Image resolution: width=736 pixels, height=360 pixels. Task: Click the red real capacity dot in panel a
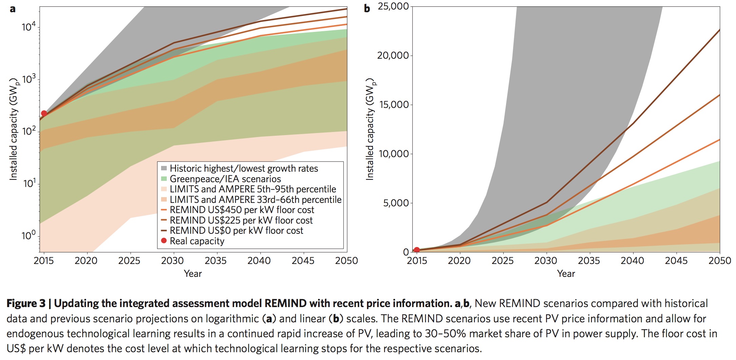point(44,114)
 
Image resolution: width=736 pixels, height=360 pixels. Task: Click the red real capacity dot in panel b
point(417,250)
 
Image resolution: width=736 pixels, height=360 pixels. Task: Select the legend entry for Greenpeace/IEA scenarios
point(225,179)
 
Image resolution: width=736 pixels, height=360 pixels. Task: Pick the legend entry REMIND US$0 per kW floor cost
point(236,231)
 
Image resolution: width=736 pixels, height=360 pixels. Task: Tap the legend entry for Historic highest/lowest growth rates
point(244,169)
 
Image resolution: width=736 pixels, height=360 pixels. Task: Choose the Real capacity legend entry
point(197,241)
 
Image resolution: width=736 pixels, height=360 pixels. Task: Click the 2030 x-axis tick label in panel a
point(172,261)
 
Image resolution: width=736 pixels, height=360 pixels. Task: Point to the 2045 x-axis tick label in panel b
point(676,261)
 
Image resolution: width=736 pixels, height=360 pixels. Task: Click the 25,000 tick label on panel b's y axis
point(393,6)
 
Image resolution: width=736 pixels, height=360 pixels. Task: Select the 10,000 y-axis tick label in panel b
point(393,154)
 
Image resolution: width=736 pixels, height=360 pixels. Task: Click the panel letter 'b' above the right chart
point(367,8)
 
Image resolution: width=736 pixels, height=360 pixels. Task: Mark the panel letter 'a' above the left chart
point(13,9)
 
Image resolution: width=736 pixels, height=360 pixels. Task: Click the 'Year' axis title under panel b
point(566,274)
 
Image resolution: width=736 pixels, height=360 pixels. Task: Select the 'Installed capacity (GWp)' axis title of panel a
point(14,129)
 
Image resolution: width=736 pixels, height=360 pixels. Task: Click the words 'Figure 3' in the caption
point(26,303)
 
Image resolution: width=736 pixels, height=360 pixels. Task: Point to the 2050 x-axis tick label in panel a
point(346,261)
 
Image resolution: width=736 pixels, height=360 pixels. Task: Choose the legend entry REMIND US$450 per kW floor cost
point(241,210)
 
